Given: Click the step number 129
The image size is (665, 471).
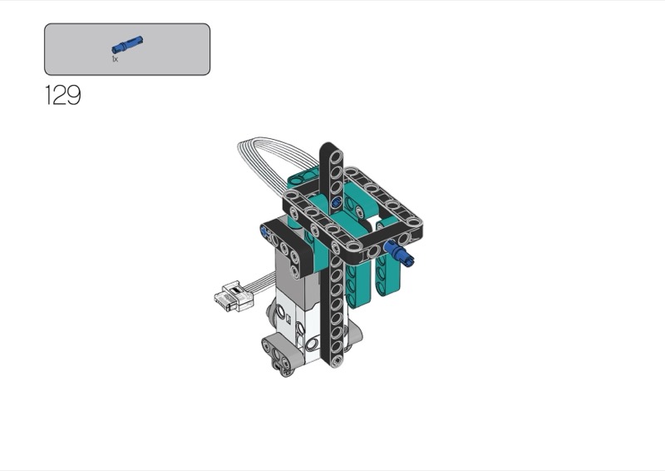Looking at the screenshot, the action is tap(63, 95).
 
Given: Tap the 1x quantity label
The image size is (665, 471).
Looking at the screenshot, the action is tap(115, 59).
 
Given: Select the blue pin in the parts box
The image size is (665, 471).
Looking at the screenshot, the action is tap(127, 45).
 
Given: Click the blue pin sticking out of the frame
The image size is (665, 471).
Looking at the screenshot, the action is tap(400, 252).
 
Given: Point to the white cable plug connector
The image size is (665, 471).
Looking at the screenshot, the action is tap(231, 295).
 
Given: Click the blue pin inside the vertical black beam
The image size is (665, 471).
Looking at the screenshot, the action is tap(337, 202).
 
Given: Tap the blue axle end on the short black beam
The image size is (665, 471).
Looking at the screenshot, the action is tap(266, 232).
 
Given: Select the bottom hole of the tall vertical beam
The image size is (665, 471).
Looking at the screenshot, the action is tap(336, 360).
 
